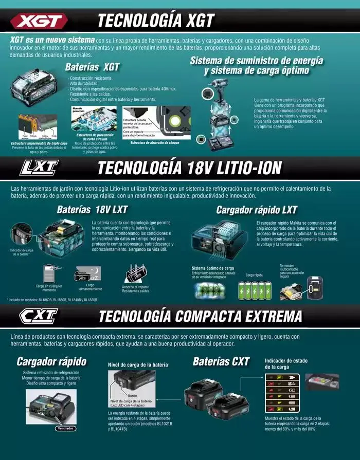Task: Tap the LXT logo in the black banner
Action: click(39, 168)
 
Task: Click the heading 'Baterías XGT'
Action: click(92, 67)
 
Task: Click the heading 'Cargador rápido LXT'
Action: click(256, 210)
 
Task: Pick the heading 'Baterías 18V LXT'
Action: click(92, 210)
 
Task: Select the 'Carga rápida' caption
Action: click(254, 275)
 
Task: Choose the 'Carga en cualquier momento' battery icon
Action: click(49, 273)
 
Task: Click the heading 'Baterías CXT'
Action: click(221, 361)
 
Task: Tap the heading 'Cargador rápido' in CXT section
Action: click(51, 361)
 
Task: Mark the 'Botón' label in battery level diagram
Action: click(132, 396)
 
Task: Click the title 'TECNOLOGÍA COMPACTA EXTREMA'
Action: click(200, 315)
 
